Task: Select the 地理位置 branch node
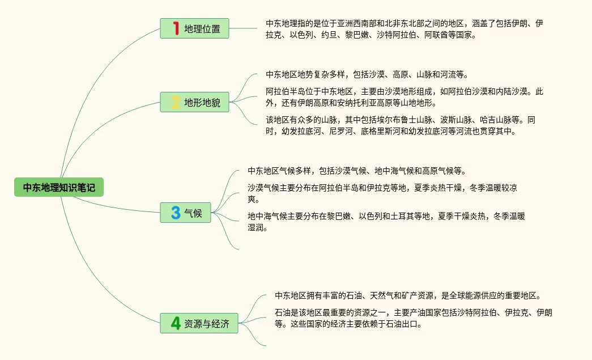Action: pos(194,28)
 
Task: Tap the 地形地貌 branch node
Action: pos(194,103)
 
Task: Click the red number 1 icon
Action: pos(176,28)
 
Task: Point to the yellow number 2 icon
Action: pos(176,103)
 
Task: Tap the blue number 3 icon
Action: pos(176,213)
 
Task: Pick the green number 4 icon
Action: pos(176,323)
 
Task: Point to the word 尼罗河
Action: pos(325,132)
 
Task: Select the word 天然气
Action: pos(382,295)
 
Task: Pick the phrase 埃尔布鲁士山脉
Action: pos(412,120)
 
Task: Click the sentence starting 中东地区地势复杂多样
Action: pos(366,74)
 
